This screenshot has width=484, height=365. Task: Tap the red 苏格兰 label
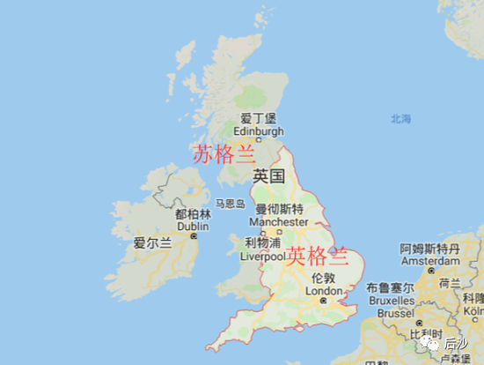[224, 154]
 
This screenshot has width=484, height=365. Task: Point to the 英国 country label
[269, 176]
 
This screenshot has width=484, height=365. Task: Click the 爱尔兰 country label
[152, 243]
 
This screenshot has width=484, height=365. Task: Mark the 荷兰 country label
[450, 283]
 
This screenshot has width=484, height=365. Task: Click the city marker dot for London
[323, 301]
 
